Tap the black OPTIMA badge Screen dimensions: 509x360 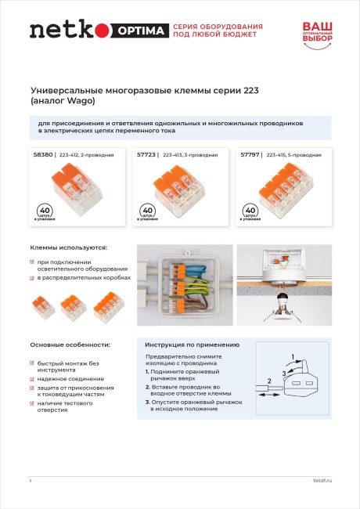(x=142, y=31)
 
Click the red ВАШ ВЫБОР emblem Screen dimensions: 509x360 (x=318, y=32)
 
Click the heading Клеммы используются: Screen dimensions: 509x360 (x=68, y=247)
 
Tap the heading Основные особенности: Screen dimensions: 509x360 (x=70, y=345)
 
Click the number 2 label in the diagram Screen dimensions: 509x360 (x=269, y=381)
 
